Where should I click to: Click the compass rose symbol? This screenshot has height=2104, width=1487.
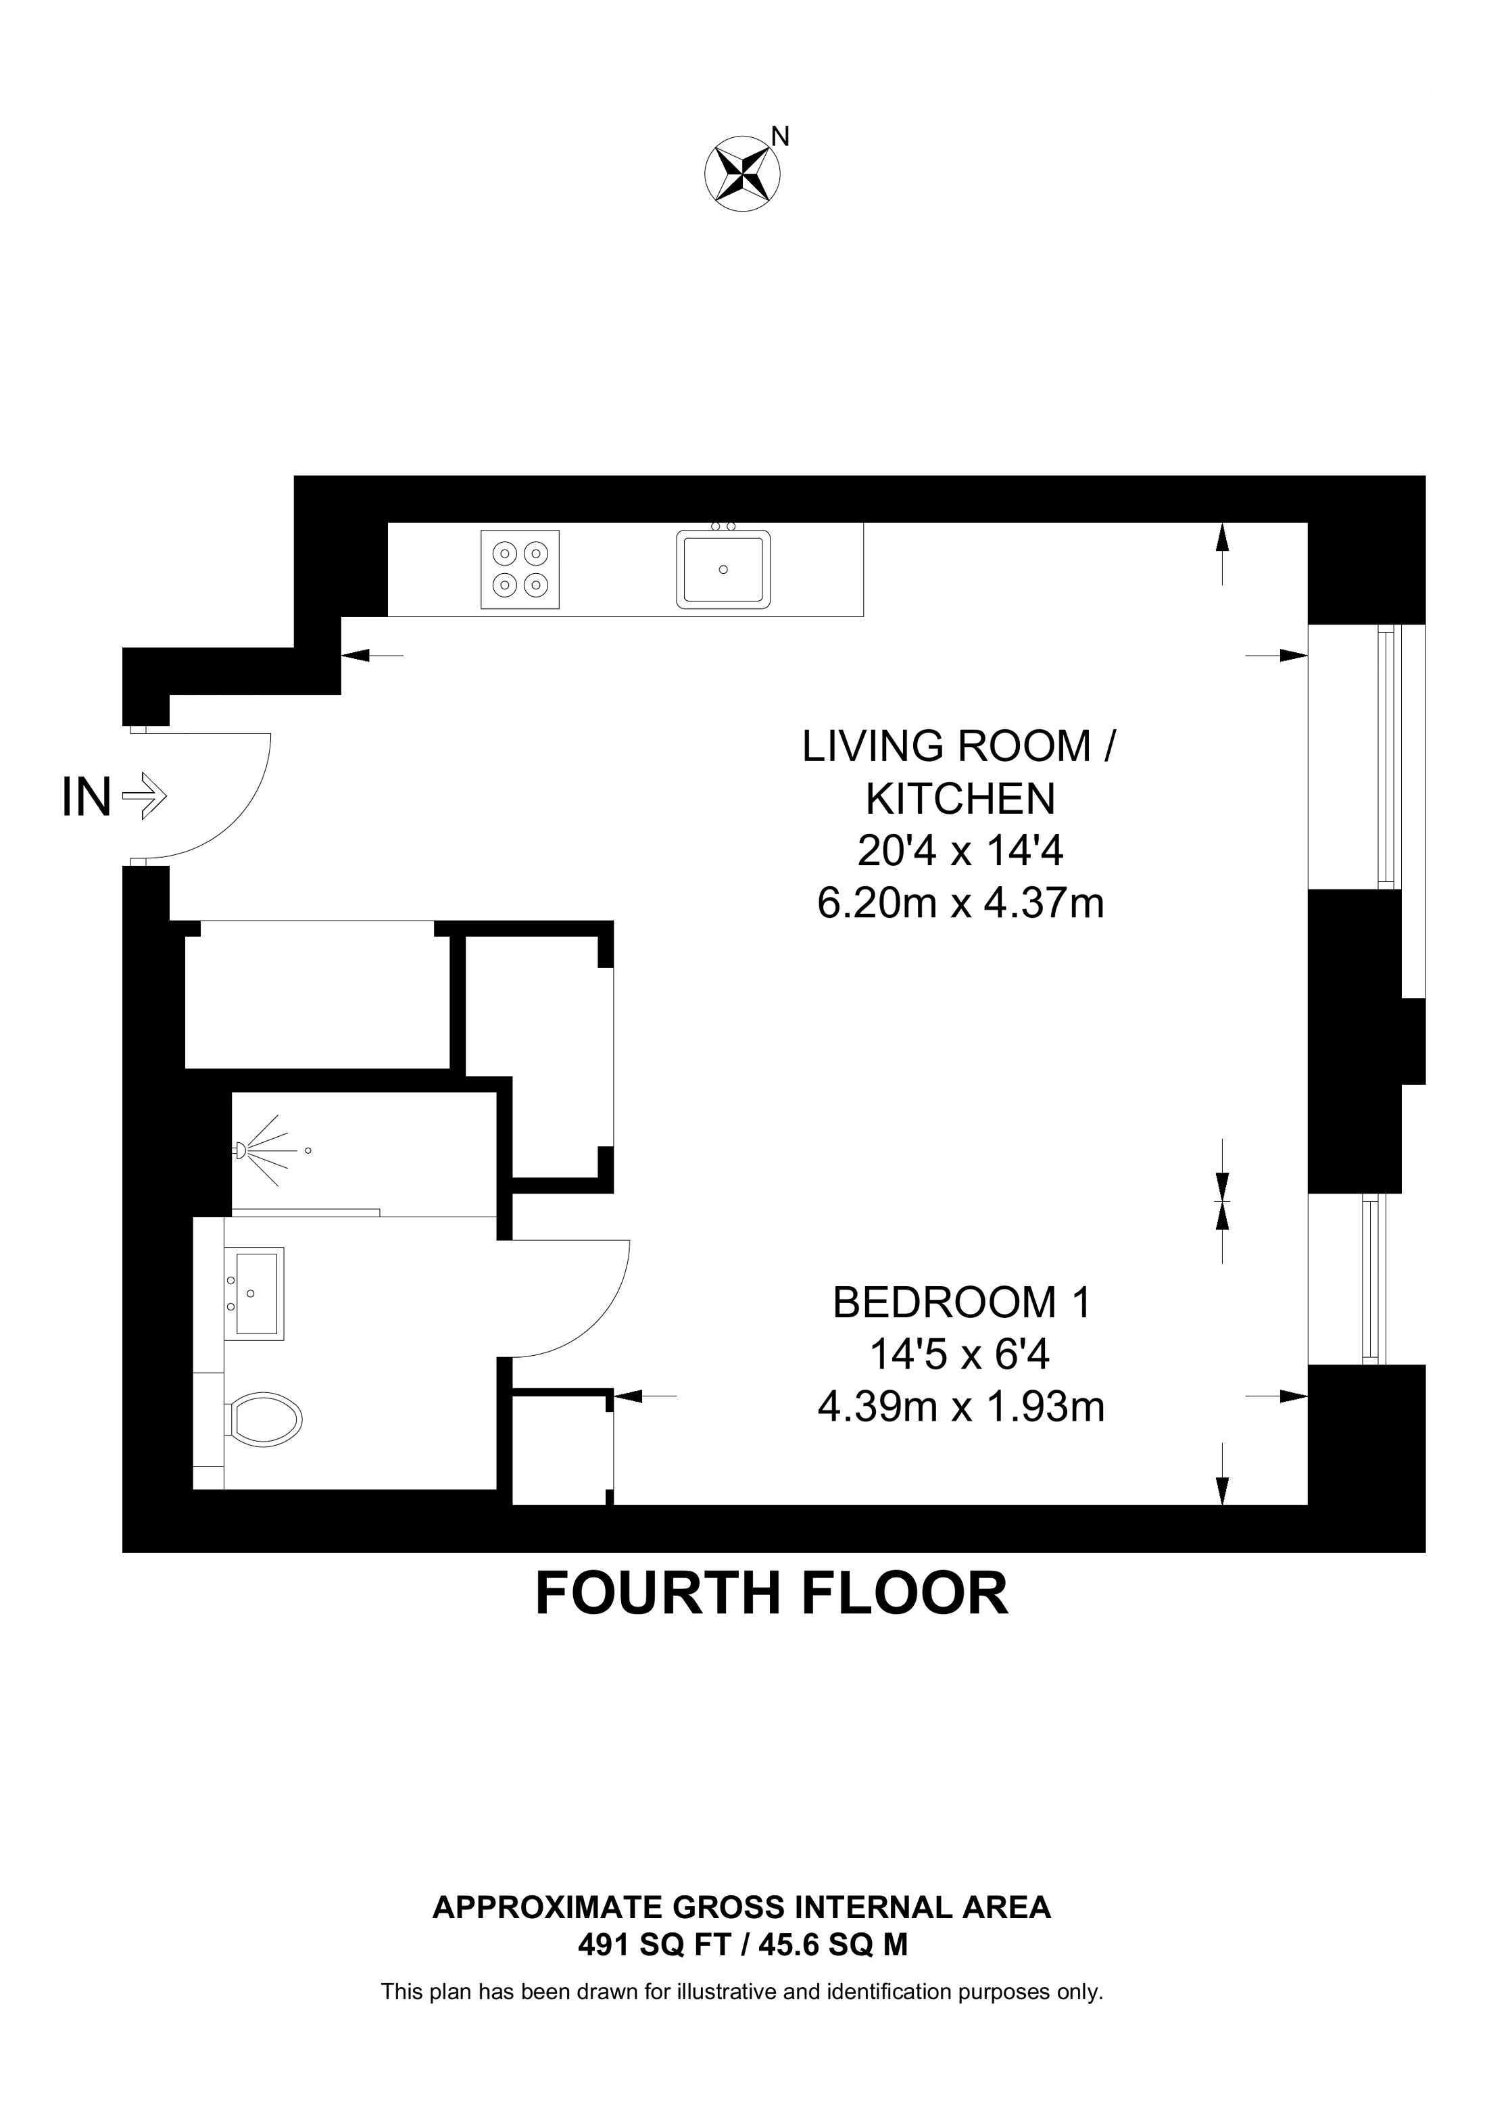(742, 172)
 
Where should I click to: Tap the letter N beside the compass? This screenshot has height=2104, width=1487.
(780, 137)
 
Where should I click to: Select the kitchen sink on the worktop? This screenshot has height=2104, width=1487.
(723, 568)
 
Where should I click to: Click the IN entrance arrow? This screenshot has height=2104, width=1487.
(144, 796)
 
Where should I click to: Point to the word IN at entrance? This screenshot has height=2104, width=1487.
(86, 796)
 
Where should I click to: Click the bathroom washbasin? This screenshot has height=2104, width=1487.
(257, 1293)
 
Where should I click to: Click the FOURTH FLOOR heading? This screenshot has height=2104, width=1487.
(771, 1594)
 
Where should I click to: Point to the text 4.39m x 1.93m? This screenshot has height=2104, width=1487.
(960, 1406)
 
